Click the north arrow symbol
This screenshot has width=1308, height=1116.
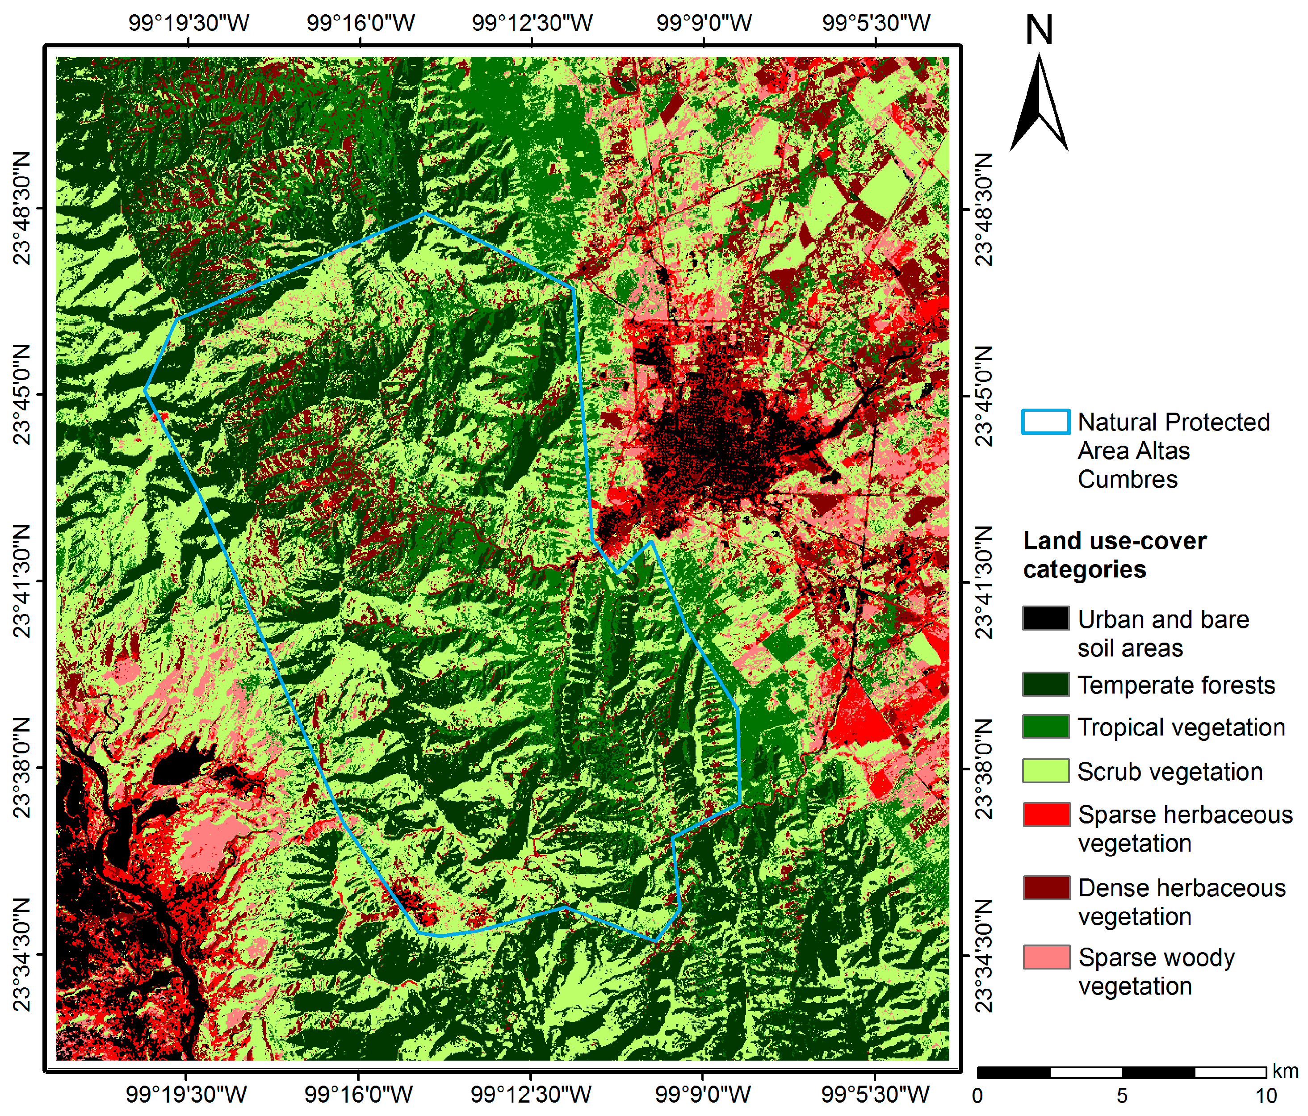pyautogui.click(x=1039, y=104)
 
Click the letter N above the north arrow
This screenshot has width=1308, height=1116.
pyautogui.click(x=1039, y=30)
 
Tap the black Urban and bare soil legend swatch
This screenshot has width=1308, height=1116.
pyautogui.click(x=1045, y=618)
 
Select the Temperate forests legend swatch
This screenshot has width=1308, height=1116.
pyautogui.click(x=1045, y=684)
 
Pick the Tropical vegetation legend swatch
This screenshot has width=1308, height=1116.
pyautogui.click(x=1045, y=727)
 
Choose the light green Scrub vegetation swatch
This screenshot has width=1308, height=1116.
pyautogui.click(x=1045, y=771)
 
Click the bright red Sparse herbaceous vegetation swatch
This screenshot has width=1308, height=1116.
pyautogui.click(x=1045, y=814)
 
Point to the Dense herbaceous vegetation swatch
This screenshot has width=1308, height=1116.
pyautogui.click(x=1045, y=887)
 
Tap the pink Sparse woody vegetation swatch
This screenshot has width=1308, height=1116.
pyautogui.click(x=1045, y=957)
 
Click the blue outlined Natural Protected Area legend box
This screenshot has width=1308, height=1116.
pyautogui.click(x=1045, y=422)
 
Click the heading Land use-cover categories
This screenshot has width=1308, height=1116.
pyautogui.click(x=1114, y=555)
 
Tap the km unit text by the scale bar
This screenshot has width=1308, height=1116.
pyautogui.click(x=1285, y=1071)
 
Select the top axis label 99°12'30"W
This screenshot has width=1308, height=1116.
pyautogui.click(x=532, y=23)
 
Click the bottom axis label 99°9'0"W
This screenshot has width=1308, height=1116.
pyautogui.click(x=703, y=1094)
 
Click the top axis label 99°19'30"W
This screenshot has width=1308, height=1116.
pyautogui.click(x=189, y=23)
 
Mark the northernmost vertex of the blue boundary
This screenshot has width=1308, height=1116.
pyautogui.click(x=425, y=213)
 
